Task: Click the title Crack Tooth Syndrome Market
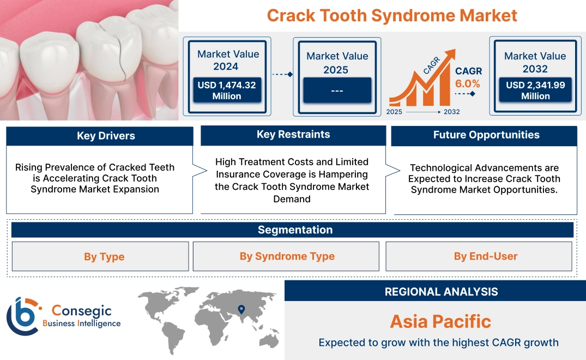tap(391, 15)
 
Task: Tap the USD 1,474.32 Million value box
tap(226, 90)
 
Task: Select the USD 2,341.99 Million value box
tap(535, 90)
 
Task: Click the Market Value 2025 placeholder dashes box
tap(337, 90)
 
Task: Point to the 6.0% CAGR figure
tap(468, 83)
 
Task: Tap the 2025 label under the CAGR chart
tap(395, 112)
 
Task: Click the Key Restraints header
tap(293, 135)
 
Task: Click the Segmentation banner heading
tap(295, 230)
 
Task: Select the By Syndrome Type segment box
tap(287, 256)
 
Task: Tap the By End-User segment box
tap(485, 256)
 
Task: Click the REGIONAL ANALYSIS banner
tap(441, 292)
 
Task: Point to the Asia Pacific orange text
tap(440, 321)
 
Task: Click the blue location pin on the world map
tap(241, 310)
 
